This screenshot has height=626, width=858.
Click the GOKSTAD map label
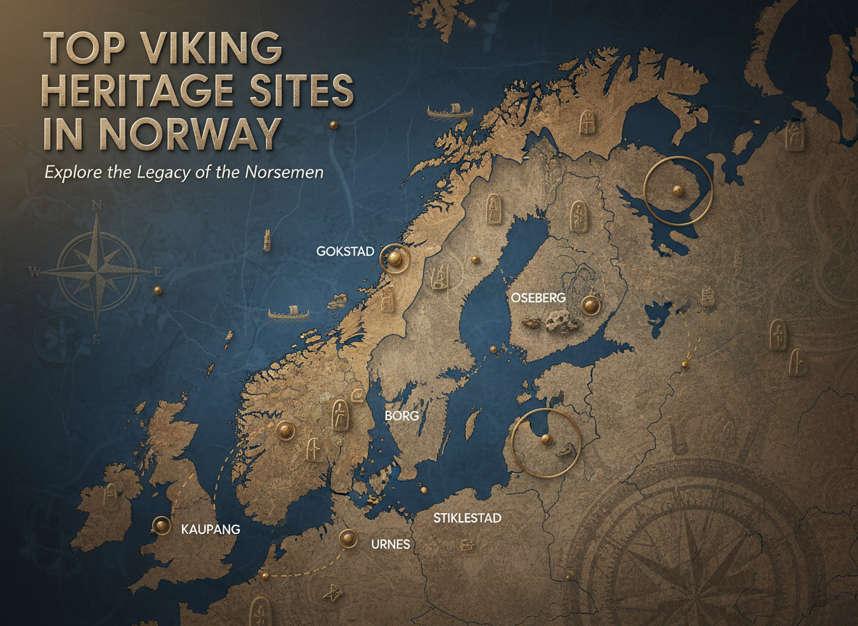(345, 251)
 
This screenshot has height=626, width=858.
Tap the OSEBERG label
(537, 299)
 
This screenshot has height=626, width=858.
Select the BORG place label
(402, 417)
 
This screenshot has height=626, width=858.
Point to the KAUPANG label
(209, 530)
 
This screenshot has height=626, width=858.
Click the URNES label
(391, 544)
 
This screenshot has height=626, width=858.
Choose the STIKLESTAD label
(467, 518)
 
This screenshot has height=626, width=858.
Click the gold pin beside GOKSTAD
(395, 257)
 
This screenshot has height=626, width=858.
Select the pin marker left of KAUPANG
(161, 525)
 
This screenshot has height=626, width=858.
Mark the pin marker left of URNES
(349, 538)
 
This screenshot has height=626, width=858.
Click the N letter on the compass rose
(97, 205)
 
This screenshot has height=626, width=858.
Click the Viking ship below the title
(449, 112)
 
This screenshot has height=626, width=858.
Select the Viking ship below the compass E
(288, 314)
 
